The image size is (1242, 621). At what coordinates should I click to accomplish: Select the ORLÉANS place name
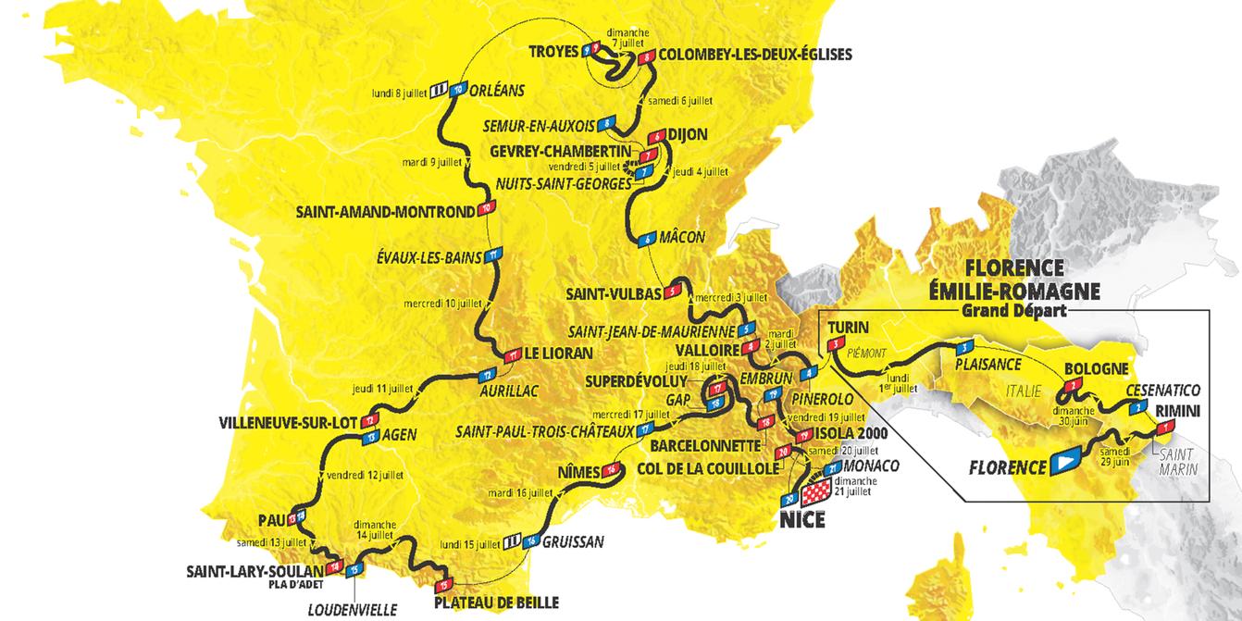click(x=497, y=91)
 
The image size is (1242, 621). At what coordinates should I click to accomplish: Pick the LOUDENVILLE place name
click(x=353, y=609)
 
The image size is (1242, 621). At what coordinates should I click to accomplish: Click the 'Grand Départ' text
click(x=1012, y=311)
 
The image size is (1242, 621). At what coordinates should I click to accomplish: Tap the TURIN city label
click(x=847, y=328)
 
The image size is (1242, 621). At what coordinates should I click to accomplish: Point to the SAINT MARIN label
click(x=1174, y=459)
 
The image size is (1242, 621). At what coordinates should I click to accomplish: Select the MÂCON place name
click(x=683, y=238)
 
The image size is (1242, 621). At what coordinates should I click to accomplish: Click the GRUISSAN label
click(x=573, y=541)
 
